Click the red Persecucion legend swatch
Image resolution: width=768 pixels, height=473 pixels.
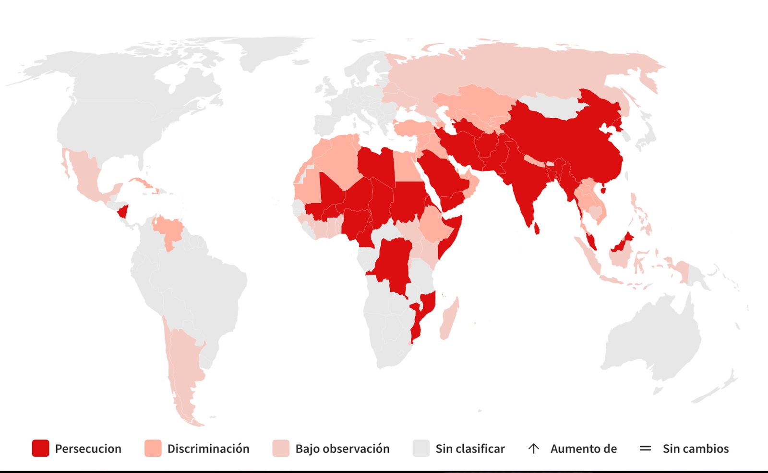tap(40, 448)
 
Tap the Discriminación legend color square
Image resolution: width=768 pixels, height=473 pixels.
tap(153, 448)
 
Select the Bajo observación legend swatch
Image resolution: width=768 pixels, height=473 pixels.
tap(281, 448)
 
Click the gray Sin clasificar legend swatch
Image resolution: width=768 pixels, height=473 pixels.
tap(421, 448)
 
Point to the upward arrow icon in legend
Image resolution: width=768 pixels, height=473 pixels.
tap(533, 449)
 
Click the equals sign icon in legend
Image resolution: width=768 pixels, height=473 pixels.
tap(646, 449)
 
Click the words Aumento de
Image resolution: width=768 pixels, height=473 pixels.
tap(583, 449)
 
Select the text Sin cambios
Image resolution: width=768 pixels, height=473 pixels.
tap(696, 449)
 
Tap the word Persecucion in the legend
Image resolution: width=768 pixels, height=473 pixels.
tap(88, 449)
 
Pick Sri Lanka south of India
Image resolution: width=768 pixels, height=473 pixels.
tap(537, 228)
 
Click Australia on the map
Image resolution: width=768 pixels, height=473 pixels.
tap(653, 336)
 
